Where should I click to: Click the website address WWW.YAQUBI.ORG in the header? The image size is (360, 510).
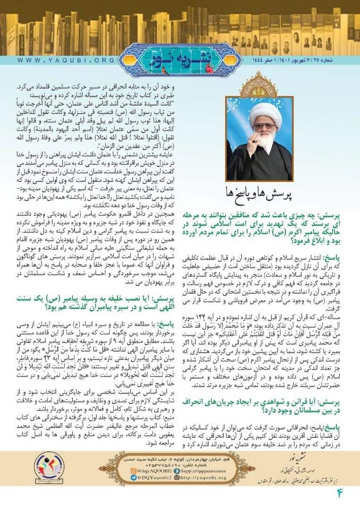point(66,60)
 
